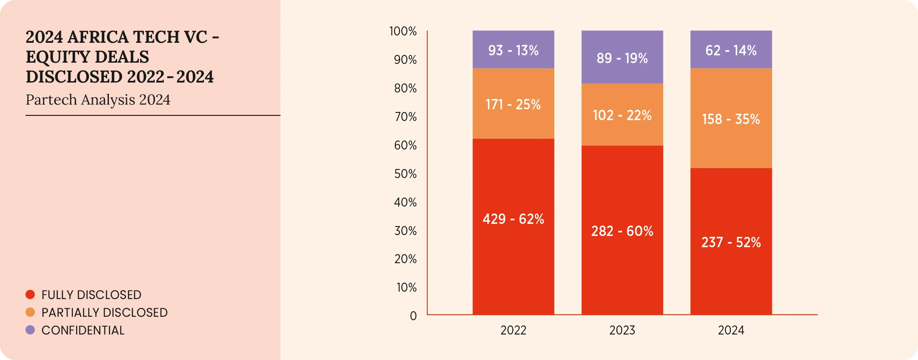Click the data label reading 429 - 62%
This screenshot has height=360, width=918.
click(513, 219)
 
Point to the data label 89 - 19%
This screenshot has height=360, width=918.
click(622, 58)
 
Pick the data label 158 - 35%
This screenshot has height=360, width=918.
click(731, 119)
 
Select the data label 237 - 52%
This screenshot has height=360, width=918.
click(731, 242)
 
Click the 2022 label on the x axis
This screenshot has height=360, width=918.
click(513, 331)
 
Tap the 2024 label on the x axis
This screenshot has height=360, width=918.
click(731, 331)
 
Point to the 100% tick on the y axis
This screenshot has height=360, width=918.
click(403, 32)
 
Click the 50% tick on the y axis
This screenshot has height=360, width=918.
click(405, 174)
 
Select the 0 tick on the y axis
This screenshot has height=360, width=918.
click(413, 316)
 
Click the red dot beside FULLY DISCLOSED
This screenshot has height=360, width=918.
click(30, 295)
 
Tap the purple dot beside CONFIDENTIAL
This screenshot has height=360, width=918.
click(30, 330)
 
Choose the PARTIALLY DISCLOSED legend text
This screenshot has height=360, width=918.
click(105, 312)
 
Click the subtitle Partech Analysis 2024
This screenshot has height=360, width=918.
click(98, 100)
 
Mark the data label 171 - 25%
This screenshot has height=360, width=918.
click(513, 105)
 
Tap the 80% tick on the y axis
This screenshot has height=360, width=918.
click(405, 89)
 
